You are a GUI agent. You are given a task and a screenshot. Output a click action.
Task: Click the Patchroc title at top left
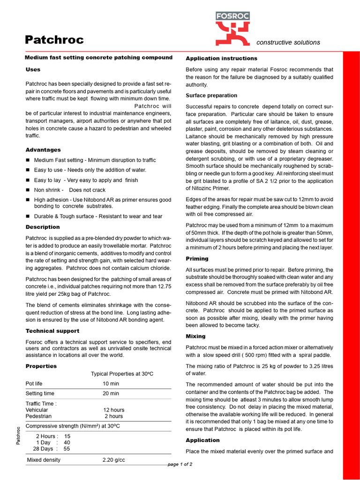click(x=54, y=40)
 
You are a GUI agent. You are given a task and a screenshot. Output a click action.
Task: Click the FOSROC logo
click(x=232, y=28)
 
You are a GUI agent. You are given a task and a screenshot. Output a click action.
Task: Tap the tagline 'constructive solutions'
click(x=288, y=42)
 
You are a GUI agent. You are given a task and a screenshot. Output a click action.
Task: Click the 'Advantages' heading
click(x=43, y=150)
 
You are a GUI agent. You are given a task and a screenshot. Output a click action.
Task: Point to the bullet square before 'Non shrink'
click(x=28, y=190)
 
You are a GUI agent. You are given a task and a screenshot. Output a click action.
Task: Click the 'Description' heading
click(x=43, y=227)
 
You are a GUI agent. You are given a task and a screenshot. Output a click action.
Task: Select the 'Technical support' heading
click(x=52, y=331)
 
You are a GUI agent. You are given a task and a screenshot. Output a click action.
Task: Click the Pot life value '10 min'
click(x=111, y=383)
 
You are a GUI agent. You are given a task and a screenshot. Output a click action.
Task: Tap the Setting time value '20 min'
click(x=111, y=394)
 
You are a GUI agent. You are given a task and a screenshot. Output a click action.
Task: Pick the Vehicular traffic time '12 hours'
click(x=114, y=410)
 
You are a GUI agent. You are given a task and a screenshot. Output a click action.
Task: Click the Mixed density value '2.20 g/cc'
click(x=114, y=460)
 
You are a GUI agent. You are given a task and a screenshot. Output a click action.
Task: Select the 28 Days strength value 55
click(x=67, y=449)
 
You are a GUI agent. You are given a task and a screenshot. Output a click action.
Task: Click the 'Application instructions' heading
click(x=221, y=59)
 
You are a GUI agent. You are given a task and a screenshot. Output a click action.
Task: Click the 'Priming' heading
click(x=197, y=259)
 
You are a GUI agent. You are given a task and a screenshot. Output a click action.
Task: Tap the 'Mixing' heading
click(x=195, y=337)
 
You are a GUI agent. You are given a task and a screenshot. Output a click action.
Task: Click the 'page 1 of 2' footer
click(x=180, y=464)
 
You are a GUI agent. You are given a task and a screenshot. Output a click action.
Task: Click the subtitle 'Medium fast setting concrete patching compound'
click(x=98, y=58)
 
